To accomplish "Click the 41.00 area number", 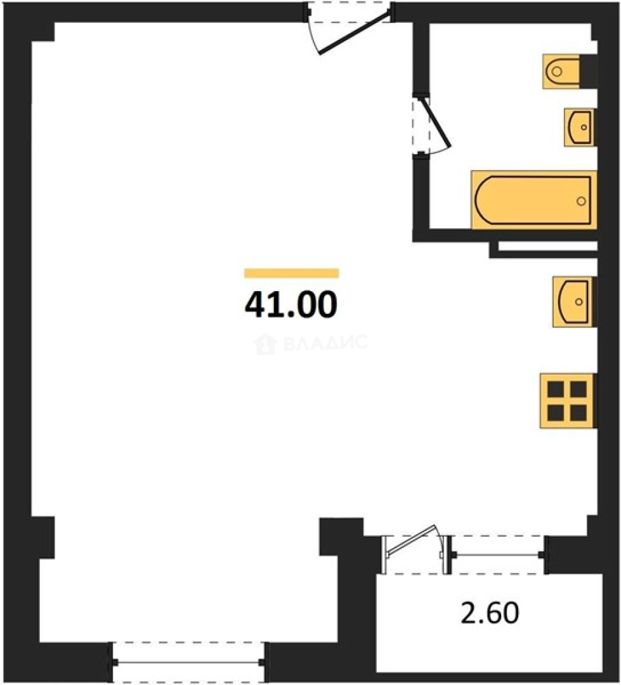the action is (x=291, y=304).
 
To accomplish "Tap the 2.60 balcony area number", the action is (x=490, y=612).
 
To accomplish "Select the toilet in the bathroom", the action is (x=570, y=71).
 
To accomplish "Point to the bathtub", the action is (x=534, y=200).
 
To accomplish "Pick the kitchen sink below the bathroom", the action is (x=573, y=301).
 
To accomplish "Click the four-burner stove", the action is (x=568, y=401).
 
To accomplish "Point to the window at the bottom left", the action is (x=188, y=662).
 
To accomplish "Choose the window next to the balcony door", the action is (x=498, y=555).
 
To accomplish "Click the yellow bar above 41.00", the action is (x=292, y=273).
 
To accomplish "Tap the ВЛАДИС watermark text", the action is (x=325, y=342).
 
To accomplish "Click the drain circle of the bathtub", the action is (x=581, y=201).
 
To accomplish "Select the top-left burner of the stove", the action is (x=556, y=389).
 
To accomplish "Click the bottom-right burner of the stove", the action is (x=579, y=412).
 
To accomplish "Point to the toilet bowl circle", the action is (x=556, y=71).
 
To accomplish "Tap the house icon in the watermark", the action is (x=265, y=343).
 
